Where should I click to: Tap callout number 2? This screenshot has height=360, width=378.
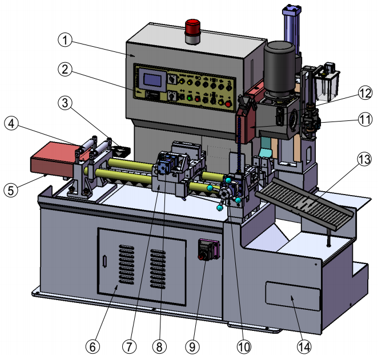click(x=66, y=70)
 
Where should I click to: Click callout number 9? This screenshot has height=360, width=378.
click(x=192, y=346)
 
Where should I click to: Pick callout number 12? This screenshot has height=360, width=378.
click(x=365, y=92)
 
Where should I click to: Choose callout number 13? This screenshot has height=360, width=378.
click(x=364, y=160)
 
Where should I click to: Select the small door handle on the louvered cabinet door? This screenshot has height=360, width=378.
click(x=105, y=261)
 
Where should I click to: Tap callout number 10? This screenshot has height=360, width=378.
click(x=244, y=346)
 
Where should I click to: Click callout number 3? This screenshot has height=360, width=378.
click(x=66, y=103)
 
